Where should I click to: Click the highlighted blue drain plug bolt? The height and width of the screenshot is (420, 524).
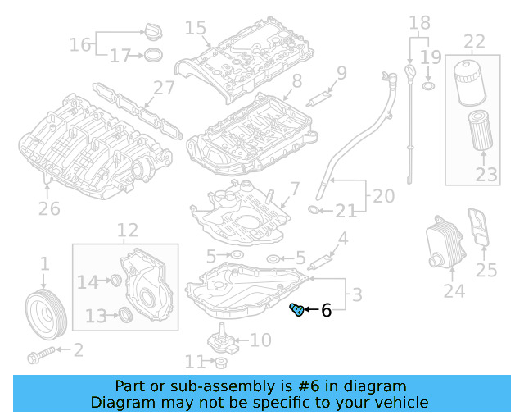297,310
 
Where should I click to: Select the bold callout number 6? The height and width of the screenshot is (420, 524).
326,311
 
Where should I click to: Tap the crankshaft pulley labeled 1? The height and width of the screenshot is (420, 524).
43,311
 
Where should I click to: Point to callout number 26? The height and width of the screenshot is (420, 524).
49,209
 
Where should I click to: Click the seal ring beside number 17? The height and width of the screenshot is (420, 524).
152,56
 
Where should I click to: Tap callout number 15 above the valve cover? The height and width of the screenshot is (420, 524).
195,29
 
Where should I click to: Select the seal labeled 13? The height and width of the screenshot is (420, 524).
124,315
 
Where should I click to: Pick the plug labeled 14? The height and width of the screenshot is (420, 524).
115,282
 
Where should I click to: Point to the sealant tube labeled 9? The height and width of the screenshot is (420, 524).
317,98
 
